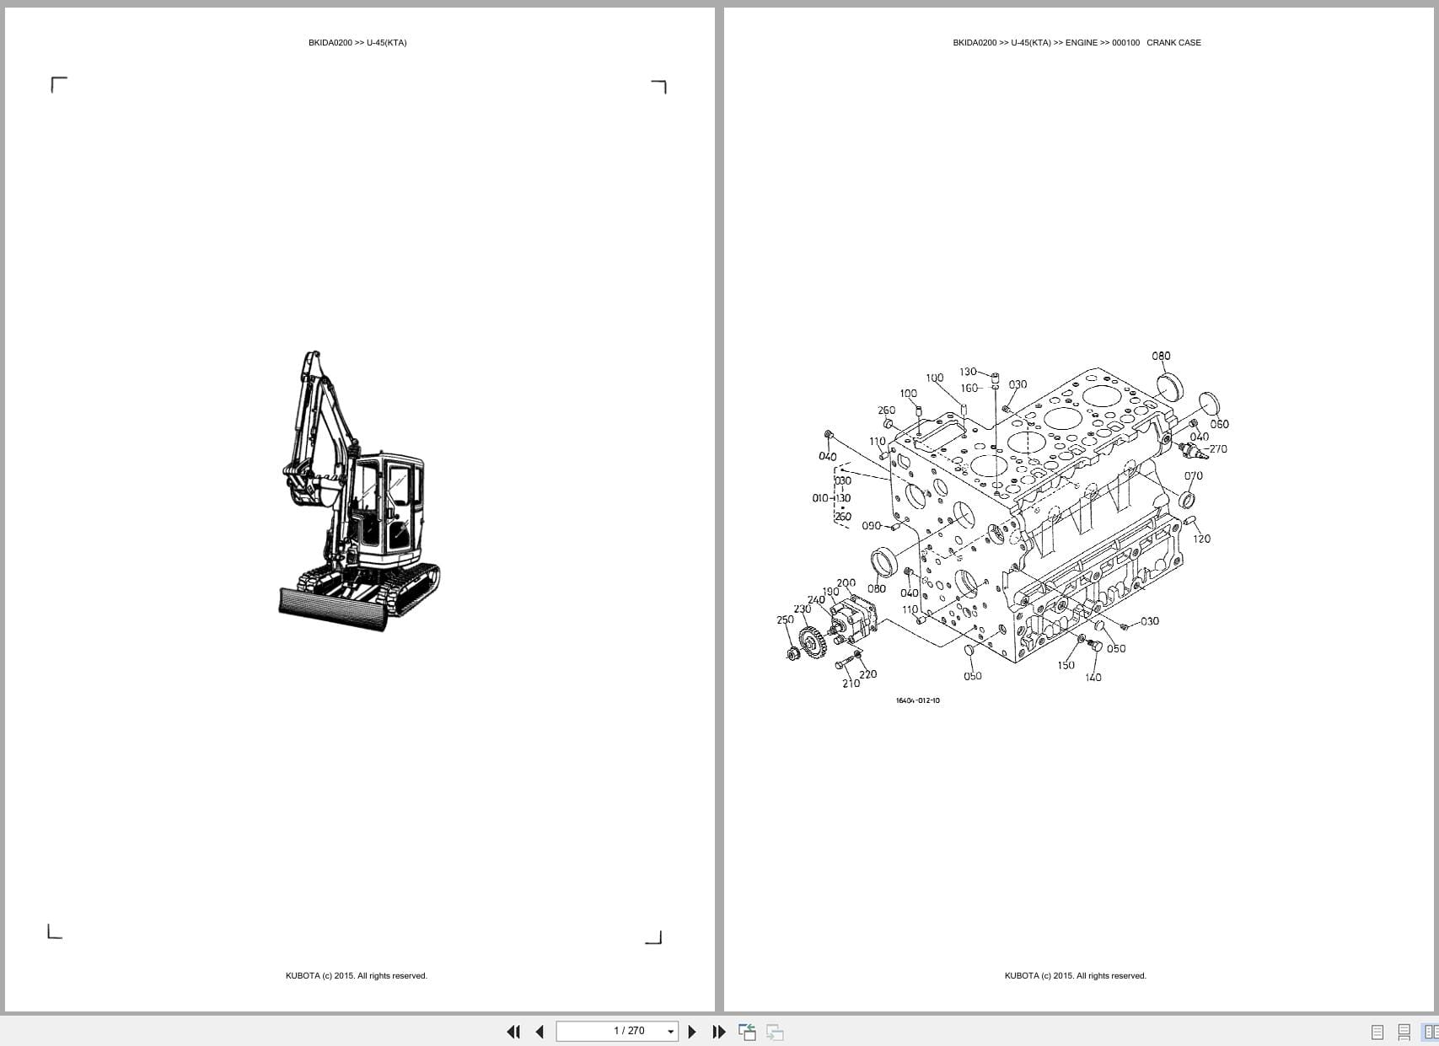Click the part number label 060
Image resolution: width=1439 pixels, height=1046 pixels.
[1219, 424]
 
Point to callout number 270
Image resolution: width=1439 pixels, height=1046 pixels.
[1218, 449]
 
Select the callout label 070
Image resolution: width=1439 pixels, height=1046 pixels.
[1193, 475]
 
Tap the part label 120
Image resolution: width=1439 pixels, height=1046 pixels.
[1201, 539]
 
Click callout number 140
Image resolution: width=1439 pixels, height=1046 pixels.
[1093, 677]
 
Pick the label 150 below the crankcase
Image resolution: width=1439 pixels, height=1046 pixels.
[1066, 665]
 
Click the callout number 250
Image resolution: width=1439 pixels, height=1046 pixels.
[785, 620]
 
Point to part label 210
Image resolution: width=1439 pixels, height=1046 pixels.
[851, 684]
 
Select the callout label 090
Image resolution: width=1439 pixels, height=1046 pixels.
[871, 526]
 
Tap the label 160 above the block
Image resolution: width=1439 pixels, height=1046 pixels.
[969, 389]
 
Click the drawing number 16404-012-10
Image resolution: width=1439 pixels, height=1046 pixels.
[917, 700]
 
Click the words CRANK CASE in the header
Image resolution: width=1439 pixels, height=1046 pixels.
[1173, 42]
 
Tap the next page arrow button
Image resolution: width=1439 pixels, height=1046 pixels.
[692, 1032]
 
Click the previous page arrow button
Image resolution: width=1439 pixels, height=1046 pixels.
[540, 1032]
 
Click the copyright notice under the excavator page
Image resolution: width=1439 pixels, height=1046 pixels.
[356, 976]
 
